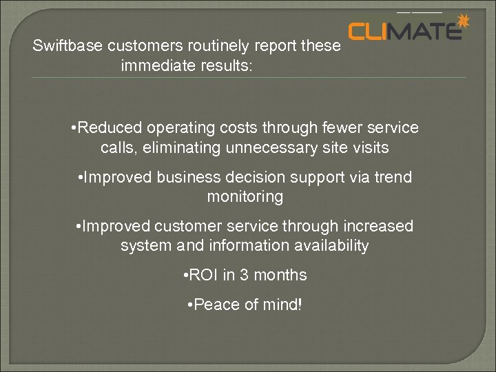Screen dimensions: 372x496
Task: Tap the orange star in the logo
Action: coord(463,23)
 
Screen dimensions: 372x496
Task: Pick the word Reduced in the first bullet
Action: coord(107,128)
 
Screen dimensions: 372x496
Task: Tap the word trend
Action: coord(393,177)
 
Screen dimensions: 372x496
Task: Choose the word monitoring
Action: coord(245,196)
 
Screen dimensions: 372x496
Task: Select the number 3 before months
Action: coord(243,275)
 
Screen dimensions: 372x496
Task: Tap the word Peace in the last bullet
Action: coord(214,304)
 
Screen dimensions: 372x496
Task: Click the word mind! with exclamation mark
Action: coord(282,304)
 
